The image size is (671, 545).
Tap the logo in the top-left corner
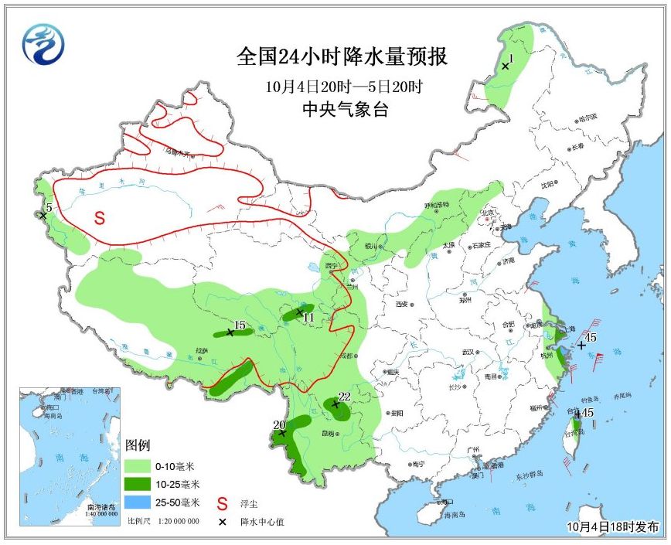point(43,44)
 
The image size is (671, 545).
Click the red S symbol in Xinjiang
point(100,218)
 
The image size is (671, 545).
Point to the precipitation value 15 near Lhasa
point(240,325)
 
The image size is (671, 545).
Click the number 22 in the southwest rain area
point(345,397)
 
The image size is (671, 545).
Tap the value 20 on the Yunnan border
point(279,424)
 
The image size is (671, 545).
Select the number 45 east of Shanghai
point(591,337)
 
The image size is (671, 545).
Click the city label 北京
point(487,213)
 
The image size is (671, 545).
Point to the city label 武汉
point(466,352)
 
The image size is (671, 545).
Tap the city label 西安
point(401,305)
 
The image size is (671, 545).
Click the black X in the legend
point(223,523)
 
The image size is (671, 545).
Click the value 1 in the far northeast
point(511,58)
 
